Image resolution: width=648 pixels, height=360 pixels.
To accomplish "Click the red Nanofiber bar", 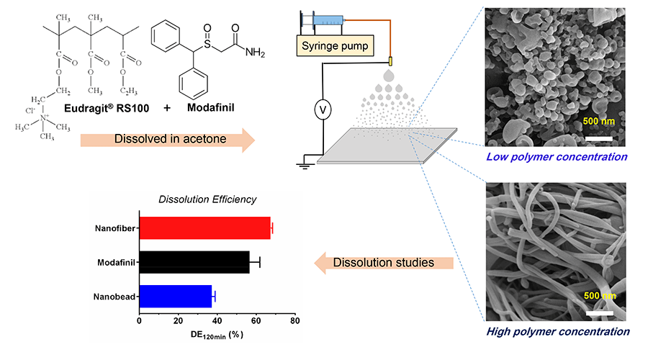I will point(204,228).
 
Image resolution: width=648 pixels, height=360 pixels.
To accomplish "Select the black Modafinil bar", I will point(194,261).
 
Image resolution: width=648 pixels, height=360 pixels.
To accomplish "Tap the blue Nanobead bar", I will point(176,296).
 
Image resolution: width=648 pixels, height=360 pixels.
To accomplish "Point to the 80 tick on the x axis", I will point(294,320).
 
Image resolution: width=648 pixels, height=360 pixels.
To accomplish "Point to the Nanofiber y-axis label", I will point(114,228).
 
